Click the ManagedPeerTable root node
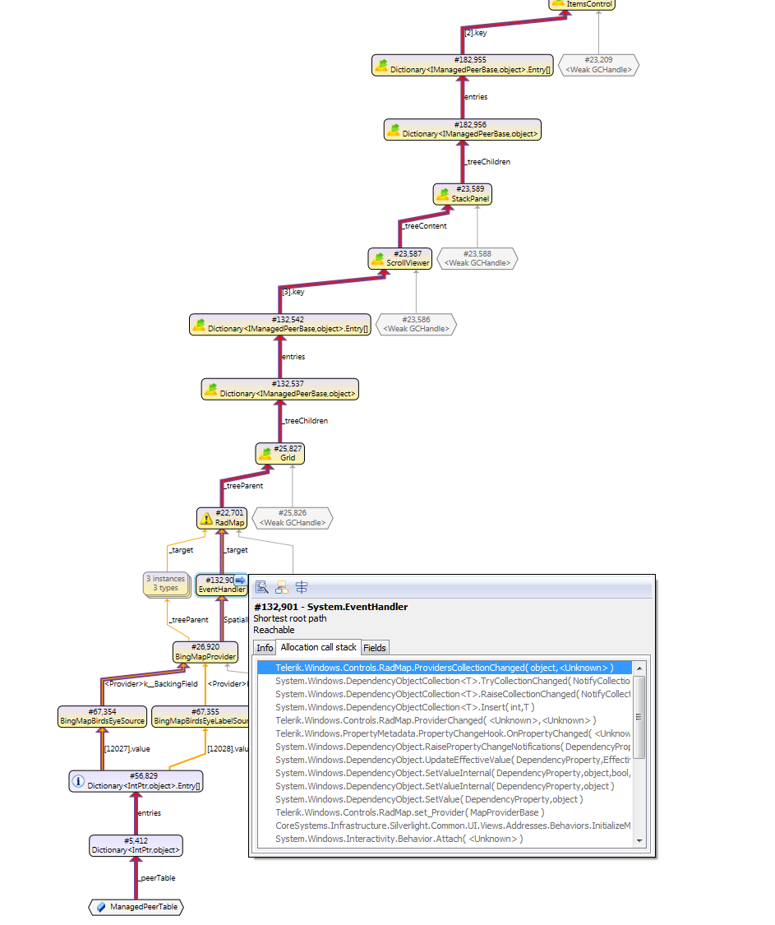coord(136,907)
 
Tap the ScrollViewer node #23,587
coord(399,259)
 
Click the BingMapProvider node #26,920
coord(205,652)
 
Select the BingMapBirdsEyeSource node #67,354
coord(103,716)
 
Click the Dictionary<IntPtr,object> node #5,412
coord(136,844)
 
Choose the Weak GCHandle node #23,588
coord(477,258)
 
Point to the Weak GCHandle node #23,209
coord(598,65)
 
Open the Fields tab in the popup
coord(375,648)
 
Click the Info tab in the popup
coord(265,648)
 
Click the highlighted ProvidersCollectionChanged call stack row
coord(444,668)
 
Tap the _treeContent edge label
coord(425,225)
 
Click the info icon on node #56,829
coord(79,780)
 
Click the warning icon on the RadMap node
coord(207,518)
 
